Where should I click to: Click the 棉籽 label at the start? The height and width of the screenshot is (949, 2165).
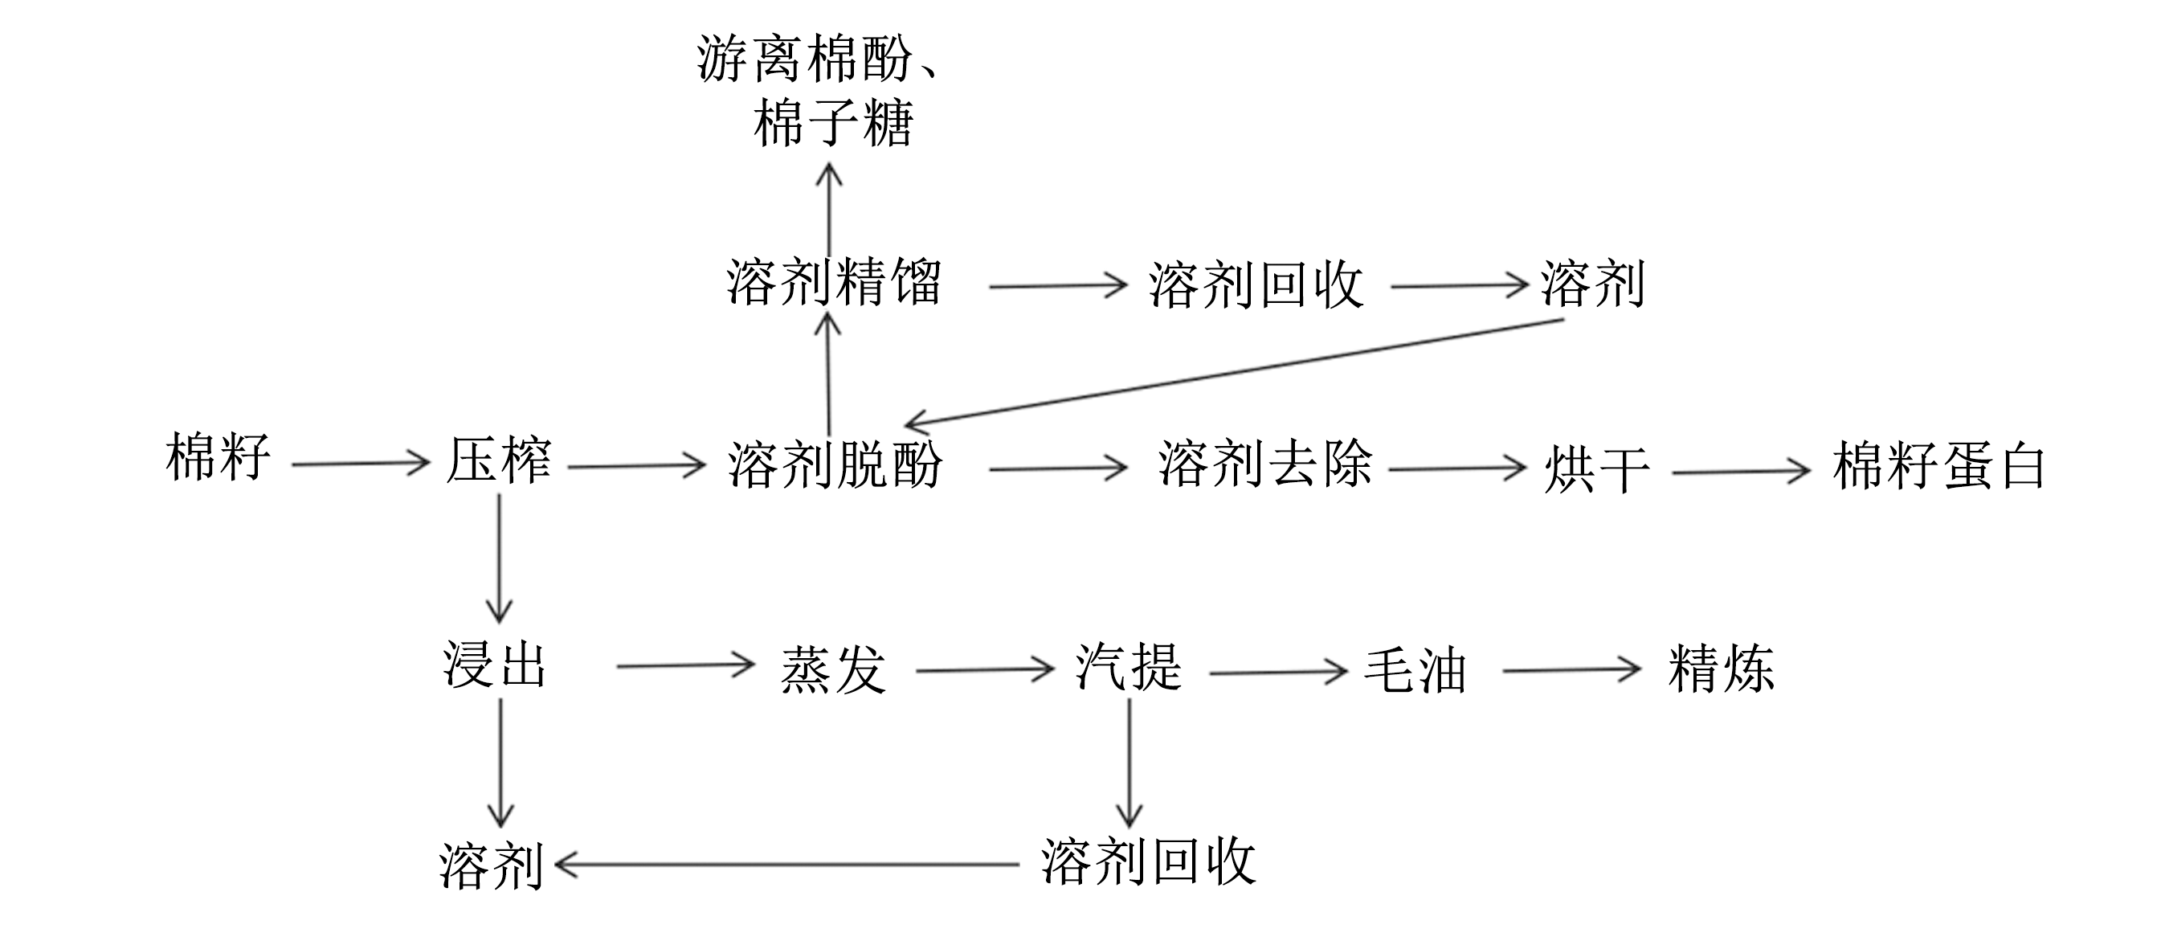tap(218, 457)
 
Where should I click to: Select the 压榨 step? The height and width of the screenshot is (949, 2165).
tap(498, 460)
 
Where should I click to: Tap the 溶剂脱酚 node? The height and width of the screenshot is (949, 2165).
tap(835, 464)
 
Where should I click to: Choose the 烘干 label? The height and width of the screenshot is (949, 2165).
tap(1596, 469)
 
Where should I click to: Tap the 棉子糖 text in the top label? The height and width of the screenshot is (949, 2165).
tap(833, 125)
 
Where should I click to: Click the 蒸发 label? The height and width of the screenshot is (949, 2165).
tap(833, 669)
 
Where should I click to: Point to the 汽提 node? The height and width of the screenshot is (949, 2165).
tap(1129, 667)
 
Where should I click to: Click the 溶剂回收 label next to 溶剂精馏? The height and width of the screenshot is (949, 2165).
tap(1256, 285)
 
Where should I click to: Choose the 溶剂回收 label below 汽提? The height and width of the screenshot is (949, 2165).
tap(1148, 861)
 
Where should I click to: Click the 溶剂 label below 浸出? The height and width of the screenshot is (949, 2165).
tap(491, 865)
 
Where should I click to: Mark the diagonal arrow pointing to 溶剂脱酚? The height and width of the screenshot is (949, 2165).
tap(1234, 371)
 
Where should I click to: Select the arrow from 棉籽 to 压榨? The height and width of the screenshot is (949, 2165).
tap(361, 463)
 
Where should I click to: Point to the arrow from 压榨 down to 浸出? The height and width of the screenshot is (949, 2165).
tap(499, 558)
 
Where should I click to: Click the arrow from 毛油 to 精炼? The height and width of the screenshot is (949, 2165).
tap(1571, 670)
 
